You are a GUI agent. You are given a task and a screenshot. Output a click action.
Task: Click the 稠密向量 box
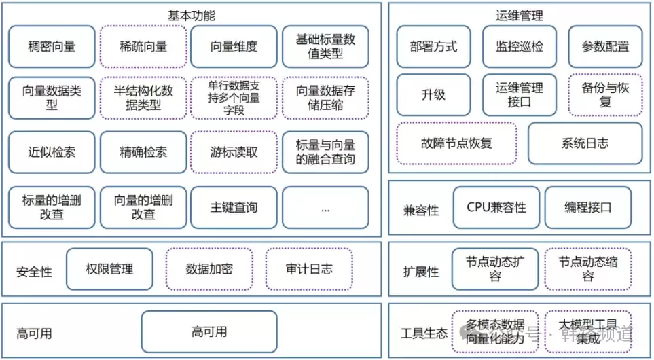(x=52, y=47)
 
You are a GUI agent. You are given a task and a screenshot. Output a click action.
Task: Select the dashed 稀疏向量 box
(x=143, y=47)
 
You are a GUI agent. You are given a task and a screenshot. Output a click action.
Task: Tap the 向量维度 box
(x=234, y=47)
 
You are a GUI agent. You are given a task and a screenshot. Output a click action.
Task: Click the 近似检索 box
(x=52, y=151)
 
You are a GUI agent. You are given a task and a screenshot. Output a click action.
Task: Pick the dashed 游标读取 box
(x=234, y=151)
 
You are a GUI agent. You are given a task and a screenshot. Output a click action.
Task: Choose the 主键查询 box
(x=234, y=208)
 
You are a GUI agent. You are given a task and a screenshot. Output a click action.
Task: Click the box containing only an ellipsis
(x=325, y=208)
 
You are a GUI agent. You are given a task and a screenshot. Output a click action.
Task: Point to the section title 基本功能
(x=192, y=15)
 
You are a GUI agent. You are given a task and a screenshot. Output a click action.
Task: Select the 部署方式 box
(x=433, y=47)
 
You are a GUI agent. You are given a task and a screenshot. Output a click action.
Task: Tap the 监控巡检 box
(x=520, y=47)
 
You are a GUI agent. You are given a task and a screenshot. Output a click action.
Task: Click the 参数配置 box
(x=605, y=47)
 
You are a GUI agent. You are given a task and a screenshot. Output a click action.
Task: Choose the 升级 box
(x=433, y=95)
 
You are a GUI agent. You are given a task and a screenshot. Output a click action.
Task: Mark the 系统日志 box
(x=585, y=143)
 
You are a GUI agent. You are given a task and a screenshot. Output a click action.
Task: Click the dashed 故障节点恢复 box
(x=456, y=143)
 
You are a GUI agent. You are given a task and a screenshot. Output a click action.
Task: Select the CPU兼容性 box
(x=496, y=208)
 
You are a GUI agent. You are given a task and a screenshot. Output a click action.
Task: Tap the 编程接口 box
(x=587, y=208)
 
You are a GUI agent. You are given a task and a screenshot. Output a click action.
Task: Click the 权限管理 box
(x=109, y=269)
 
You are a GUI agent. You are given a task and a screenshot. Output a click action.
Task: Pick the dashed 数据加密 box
(x=209, y=269)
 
